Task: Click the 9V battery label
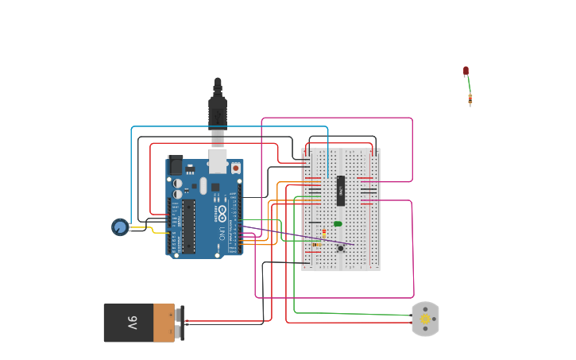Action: [x=132, y=323]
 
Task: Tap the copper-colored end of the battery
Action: [x=164, y=323]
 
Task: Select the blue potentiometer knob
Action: [x=120, y=227]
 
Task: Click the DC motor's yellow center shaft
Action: [x=425, y=319]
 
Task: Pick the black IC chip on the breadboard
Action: [x=341, y=191]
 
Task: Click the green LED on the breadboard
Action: [x=338, y=224]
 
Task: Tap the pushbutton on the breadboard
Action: [x=341, y=248]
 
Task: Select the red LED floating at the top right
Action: [x=466, y=71]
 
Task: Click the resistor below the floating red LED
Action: [x=470, y=99]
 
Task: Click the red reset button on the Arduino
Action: [x=235, y=168]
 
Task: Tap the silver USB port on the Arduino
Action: [x=217, y=161]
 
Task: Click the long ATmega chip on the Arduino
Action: [x=189, y=226]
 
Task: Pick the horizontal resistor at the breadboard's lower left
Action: [x=316, y=245]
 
